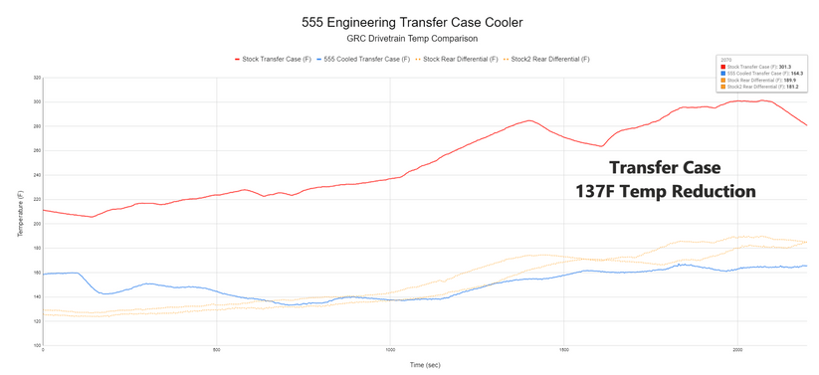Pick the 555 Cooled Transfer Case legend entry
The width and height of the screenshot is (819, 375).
click(x=363, y=60)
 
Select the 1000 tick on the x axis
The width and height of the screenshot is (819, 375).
click(x=390, y=350)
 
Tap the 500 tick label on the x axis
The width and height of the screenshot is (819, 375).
click(x=216, y=350)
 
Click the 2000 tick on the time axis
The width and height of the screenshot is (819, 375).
click(x=737, y=350)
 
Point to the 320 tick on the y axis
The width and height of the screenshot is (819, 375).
click(x=37, y=78)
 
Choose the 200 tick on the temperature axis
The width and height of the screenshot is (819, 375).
click(x=37, y=224)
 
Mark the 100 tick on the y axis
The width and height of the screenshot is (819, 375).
click(x=37, y=345)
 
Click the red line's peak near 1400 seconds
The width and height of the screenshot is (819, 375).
click(x=530, y=121)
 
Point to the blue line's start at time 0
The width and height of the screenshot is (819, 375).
click(x=45, y=274)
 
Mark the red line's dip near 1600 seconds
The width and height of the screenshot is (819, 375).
click(x=601, y=146)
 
